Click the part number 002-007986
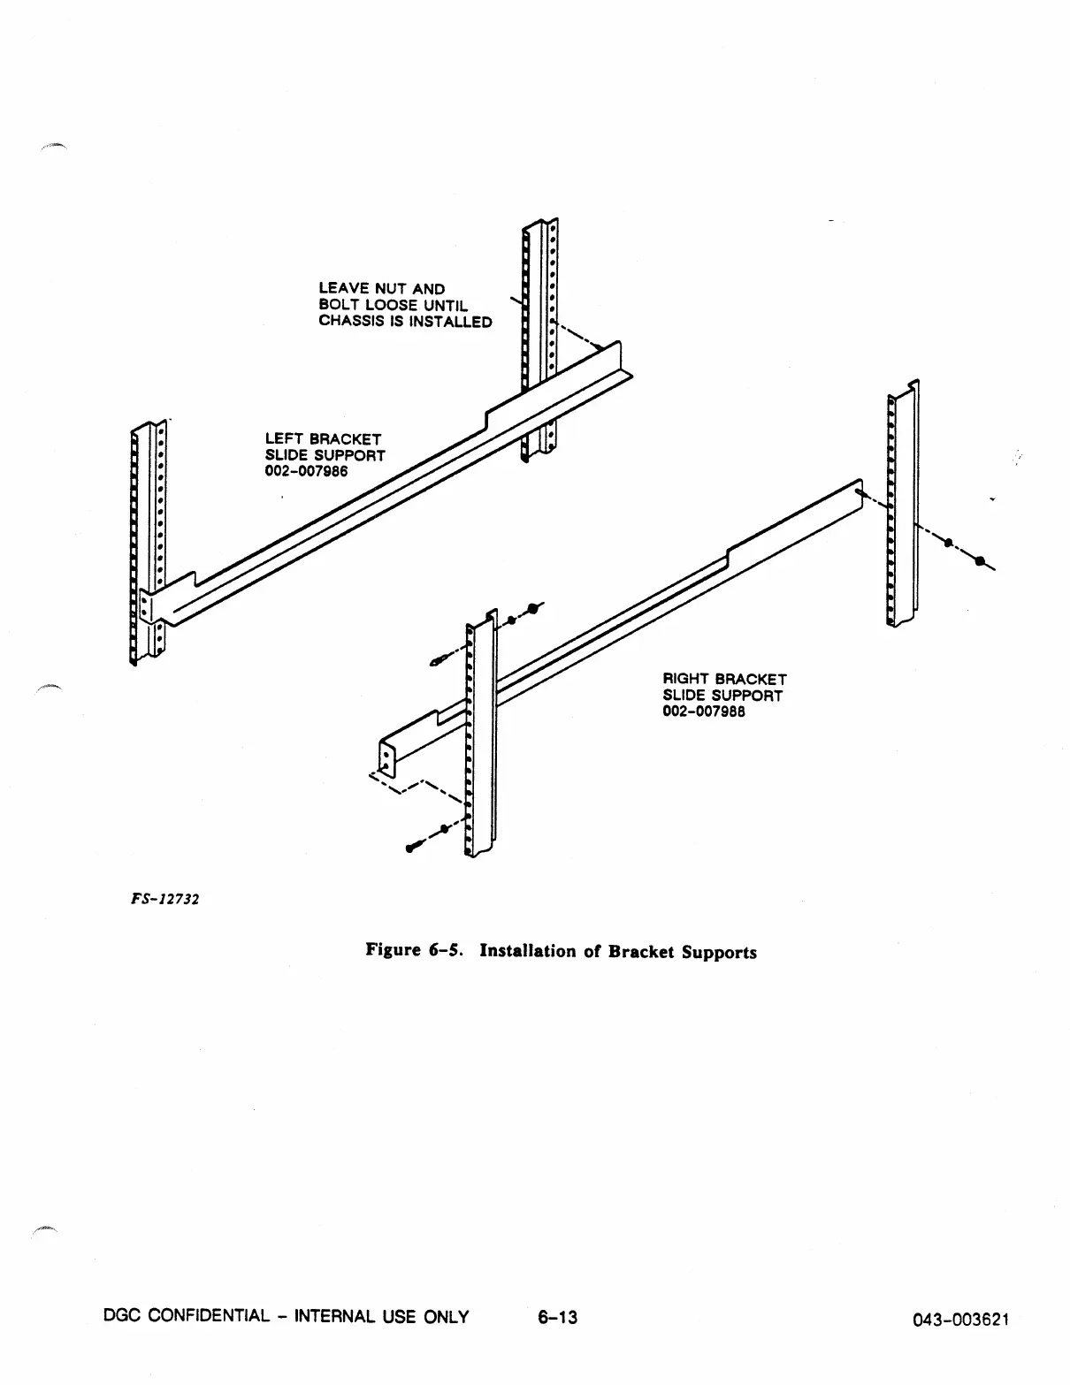coord(306,471)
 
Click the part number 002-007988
coord(704,712)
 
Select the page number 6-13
coord(557,1318)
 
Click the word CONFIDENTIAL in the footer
coord(203,1318)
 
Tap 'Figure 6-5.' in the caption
coord(417,951)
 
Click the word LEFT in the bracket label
coord(285,439)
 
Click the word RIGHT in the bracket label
coord(686,680)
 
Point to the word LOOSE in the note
coord(387,306)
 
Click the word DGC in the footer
coord(122,1318)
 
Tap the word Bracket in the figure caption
coord(640,952)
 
